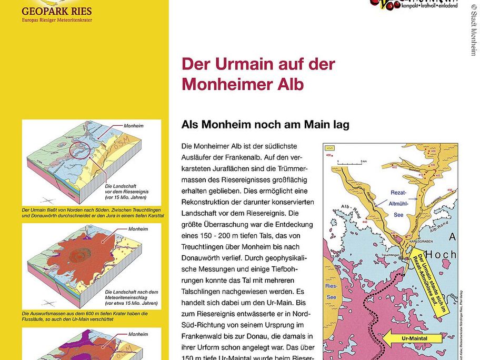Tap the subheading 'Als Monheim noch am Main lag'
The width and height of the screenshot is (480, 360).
[265, 125]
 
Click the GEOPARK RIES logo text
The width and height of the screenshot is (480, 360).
[56, 11]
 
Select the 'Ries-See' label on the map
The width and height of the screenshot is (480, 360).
[332, 290]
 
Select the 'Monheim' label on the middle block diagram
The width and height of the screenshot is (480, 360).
[138, 229]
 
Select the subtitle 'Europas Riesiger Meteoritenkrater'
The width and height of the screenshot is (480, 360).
[56, 21]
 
